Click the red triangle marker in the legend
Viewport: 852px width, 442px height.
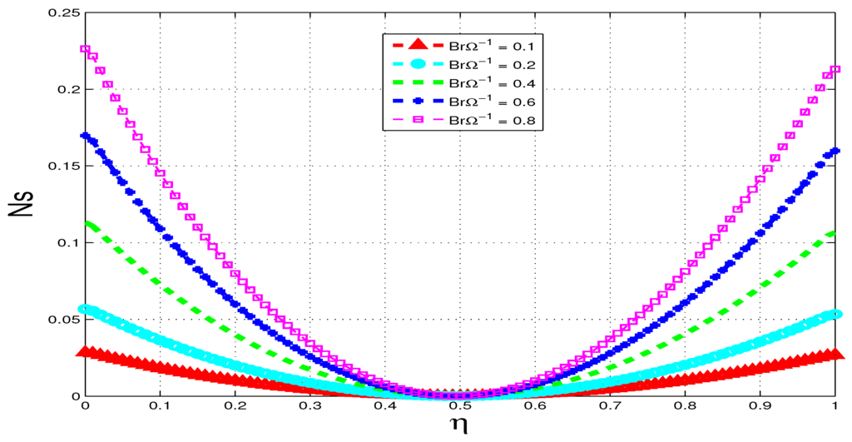point(419,45)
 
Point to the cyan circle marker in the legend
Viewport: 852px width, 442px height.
point(419,64)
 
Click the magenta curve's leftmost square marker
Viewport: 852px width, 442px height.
point(85,49)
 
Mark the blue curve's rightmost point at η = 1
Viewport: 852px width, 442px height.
point(835,152)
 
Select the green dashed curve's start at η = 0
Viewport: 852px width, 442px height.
point(86,224)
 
